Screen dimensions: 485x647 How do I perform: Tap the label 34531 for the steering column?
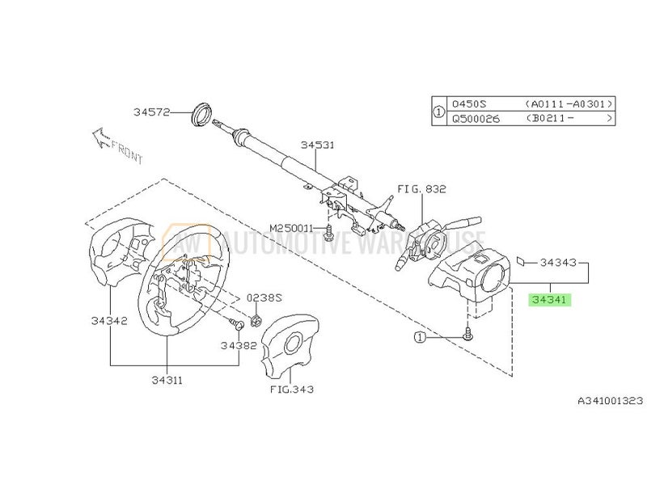coord(317,145)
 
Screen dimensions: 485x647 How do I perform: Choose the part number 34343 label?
coord(558,263)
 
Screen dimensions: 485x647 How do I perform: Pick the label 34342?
coord(108,321)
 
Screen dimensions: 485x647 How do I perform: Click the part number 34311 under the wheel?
coord(166,378)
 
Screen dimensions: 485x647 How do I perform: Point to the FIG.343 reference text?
coord(292,389)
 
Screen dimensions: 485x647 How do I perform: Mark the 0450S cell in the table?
coord(467,103)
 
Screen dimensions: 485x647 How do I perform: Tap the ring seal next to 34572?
coord(198,112)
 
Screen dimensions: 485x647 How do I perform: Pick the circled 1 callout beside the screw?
coord(420,335)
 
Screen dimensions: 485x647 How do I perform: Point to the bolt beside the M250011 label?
coord(329,235)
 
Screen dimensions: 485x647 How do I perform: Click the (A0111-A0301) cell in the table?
coord(569,103)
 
